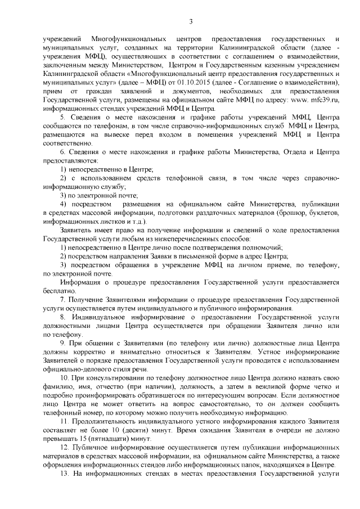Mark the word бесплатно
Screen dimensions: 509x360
coord(57,291)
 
